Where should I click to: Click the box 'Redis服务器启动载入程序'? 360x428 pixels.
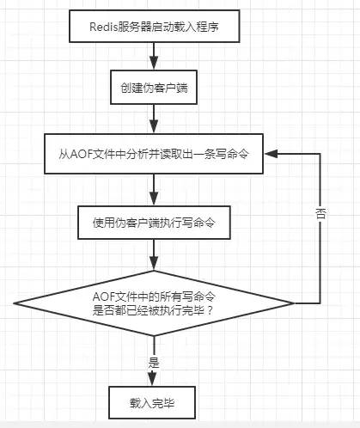click(x=155, y=27)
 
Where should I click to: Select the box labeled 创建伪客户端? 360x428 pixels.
click(x=154, y=88)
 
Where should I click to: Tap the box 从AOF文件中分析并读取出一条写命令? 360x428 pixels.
click(x=154, y=154)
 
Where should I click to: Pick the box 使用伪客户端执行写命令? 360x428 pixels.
click(x=154, y=223)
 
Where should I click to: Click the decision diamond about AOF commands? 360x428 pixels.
click(x=154, y=303)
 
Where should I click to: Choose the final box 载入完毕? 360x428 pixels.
click(x=152, y=402)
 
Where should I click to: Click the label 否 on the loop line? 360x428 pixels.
click(x=320, y=213)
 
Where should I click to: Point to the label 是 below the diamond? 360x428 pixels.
click(x=154, y=363)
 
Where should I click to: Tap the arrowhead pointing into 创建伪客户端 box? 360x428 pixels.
click(x=154, y=63)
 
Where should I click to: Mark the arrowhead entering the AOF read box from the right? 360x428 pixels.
click(x=271, y=154)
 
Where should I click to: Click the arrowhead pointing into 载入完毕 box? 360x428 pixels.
click(x=152, y=379)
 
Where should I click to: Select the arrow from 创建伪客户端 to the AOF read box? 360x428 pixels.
click(x=154, y=119)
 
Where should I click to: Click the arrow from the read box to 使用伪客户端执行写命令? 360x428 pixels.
click(x=154, y=190)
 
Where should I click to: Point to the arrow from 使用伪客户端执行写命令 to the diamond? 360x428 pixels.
click(x=154, y=254)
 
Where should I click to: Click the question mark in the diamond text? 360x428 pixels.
click(x=210, y=310)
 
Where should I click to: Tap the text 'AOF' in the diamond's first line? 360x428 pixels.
click(x=103, y=297)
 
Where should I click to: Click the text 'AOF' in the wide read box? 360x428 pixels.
click(x=81, y=154)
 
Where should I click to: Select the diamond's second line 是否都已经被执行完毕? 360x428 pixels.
click(x=149, y=310)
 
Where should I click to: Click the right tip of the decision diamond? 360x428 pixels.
click(x=294, y=303)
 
